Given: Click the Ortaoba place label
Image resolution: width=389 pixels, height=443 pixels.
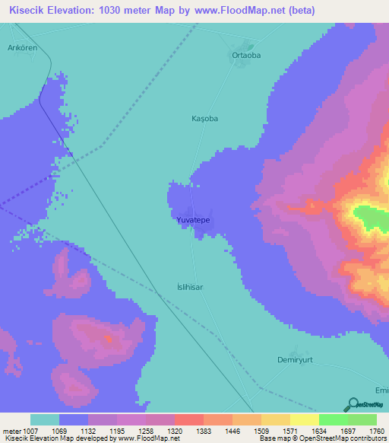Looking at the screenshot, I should (x=246, y=56).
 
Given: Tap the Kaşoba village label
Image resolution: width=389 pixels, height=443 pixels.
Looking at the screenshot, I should (x=204, y=119).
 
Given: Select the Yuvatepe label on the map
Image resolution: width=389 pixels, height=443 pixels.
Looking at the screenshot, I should (x=193, y=220).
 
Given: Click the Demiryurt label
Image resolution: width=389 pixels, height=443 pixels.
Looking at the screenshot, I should (x=296, y=359).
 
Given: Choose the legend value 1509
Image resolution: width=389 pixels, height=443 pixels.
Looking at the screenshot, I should (x=263, y=430).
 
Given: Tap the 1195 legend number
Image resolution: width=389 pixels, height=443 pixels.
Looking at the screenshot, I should (x=116, y=430).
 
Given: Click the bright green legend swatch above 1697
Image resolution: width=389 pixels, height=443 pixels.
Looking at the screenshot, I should (x=333, y=419).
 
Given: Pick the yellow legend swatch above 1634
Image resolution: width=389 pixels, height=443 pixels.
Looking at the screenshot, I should (x=304, y=419).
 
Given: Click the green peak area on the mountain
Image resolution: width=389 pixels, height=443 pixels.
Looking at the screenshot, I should (x=372, y=218).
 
